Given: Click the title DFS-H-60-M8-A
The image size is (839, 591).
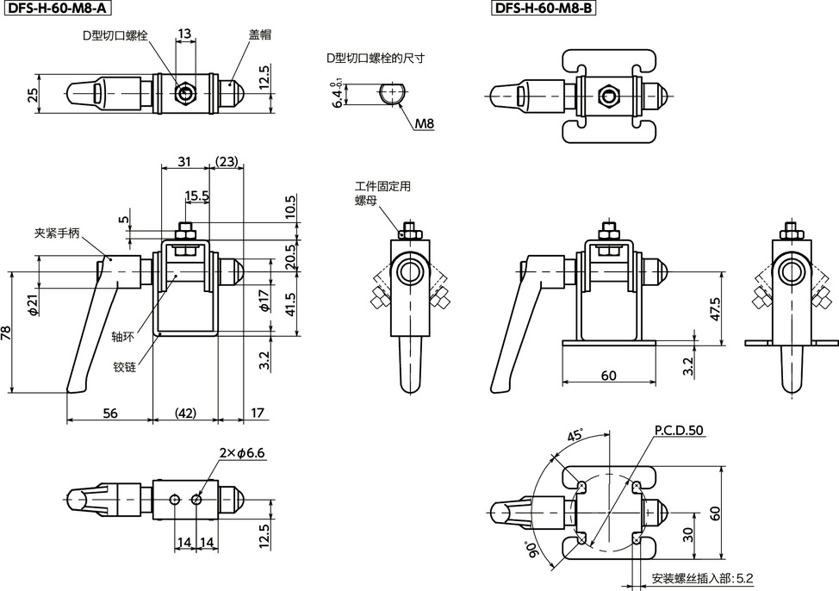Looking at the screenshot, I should tap(57, 9).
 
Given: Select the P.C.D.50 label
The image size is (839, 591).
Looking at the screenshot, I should tap(679, 430).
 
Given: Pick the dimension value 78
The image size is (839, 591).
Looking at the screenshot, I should tap(8, 333).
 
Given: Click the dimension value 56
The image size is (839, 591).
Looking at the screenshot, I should tap(110, 414).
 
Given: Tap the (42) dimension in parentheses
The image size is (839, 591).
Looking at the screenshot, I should tap(185, 414).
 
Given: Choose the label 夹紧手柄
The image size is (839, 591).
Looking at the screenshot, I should tap(57, 233).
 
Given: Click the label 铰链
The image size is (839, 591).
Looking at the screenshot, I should tap(125, 366).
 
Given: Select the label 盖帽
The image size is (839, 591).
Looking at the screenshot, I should tap(261, 34).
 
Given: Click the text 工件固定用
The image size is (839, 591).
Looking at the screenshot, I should tap(382, 185).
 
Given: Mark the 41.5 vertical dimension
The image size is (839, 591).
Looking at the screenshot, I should tap(289, 303).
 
